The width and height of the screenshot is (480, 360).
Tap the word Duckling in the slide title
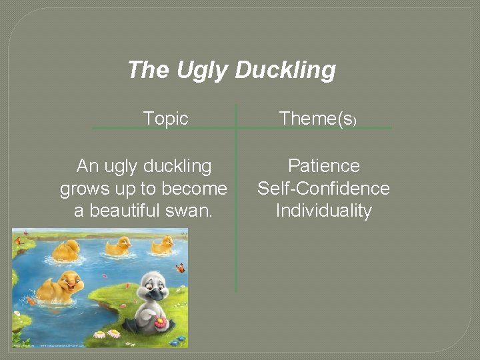click(285, 70)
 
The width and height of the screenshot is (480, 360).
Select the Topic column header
click(166, 119)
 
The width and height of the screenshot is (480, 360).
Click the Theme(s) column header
click(318, 119)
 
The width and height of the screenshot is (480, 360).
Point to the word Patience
click(323, 165)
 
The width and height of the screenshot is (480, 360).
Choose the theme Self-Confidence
click(323, 188)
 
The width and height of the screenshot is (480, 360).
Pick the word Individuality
click(323, 211)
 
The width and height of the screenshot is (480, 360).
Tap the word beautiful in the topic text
click(125, 211)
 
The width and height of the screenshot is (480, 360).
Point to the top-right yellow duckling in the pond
click(162, 245)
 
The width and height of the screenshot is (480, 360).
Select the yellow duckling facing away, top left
click(67, 250)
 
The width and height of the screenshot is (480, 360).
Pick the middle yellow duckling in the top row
click(119, 247)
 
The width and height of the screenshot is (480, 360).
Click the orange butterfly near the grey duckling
click(179, 269)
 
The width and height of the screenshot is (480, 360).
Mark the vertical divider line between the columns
click(236, 200)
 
